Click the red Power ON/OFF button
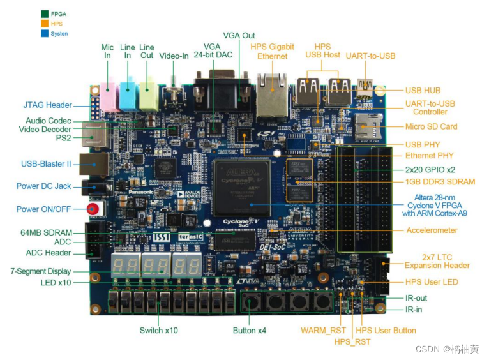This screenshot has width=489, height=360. (x=93, y=209)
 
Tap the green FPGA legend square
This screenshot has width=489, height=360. (x=45, y=13)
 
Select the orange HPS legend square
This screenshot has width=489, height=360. (x=45, y=23)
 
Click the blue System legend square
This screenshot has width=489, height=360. (x=45, y=33)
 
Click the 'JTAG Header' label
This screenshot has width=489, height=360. (x=48, y=105)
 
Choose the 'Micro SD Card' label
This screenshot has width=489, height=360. (x=431, y=126)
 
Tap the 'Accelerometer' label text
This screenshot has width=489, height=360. (x=432, y=230)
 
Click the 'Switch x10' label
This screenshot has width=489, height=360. (x=159, y=330)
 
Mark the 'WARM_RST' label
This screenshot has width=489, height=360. (x=323, y=330)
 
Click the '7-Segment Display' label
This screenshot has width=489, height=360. (x=40, y=271)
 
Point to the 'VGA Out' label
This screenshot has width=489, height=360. (x=239, y=34)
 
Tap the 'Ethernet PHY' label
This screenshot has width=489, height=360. (x=429, y=155)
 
